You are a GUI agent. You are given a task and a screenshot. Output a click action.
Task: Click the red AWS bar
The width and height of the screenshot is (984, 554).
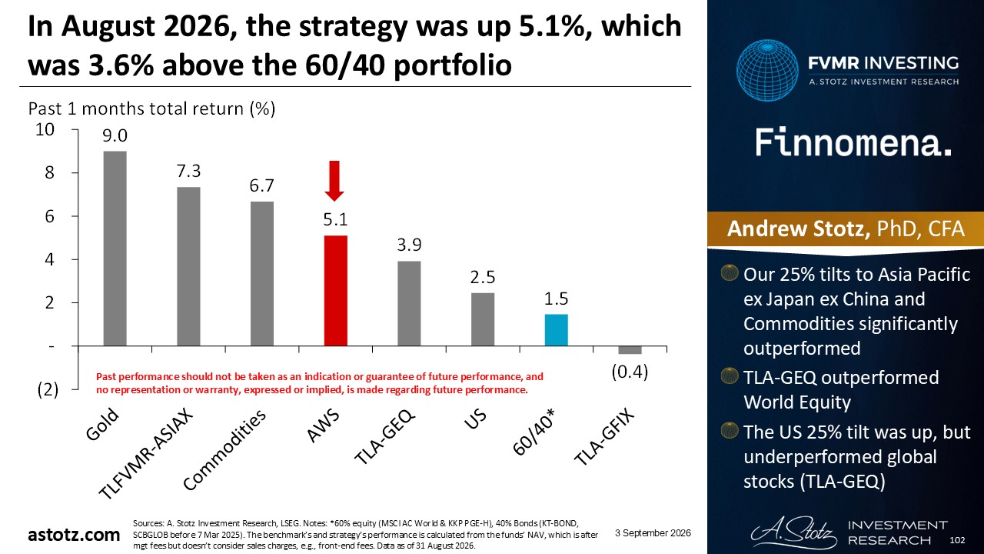click(x=336, y=291)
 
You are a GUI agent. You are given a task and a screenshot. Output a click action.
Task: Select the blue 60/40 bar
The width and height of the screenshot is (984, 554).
click(x=556, y=330)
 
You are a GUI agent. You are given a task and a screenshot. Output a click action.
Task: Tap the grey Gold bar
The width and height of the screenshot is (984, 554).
click(x=115, y=249)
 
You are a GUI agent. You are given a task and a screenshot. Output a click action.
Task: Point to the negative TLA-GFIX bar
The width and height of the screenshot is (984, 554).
click(x=630, y=350)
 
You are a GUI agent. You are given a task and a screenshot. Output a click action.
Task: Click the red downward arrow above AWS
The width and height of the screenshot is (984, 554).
click(x=334, y=181)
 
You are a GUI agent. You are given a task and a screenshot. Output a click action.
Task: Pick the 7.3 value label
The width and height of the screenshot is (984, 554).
click(x=188, y=171)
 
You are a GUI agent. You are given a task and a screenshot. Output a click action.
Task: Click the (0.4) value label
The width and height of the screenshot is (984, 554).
click(x=630, y=372)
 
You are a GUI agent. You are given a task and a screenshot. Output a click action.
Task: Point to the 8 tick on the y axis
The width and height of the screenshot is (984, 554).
click(x=49, y=173)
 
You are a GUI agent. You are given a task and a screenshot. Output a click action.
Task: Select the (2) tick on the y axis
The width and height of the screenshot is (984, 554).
click(x=48, y=390)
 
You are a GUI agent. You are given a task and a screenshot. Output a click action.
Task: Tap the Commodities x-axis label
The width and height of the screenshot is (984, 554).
click(x=224, y=449)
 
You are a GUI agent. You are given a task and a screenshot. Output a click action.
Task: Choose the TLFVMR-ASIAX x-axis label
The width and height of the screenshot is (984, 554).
click(x=145, y=454)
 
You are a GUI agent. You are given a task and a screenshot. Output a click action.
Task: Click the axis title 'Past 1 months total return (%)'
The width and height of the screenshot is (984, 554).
click(x=151, y=108)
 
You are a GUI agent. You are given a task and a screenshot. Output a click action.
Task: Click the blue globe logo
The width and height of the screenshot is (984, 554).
click(x=767, y=70)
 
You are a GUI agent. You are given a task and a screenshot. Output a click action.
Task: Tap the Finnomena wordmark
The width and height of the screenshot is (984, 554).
click(x=853, y=142)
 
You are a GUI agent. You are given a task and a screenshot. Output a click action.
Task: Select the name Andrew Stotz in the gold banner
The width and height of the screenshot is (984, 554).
click(x=799, y=229)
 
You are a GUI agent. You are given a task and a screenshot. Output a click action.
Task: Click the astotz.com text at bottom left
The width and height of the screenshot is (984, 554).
click(x=74, y=535)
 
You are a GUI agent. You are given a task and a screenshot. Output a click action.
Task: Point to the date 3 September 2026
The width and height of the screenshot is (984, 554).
click(x=653, y=533)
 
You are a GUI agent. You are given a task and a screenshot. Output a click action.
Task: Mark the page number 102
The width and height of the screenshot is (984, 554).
click(x=957, y=540)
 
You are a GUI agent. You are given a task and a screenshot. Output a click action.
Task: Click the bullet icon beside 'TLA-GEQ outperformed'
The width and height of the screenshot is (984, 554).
click(x=730, y=376)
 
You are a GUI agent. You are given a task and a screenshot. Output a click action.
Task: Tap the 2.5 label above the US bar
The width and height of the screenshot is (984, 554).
click(x=483, y=278)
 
